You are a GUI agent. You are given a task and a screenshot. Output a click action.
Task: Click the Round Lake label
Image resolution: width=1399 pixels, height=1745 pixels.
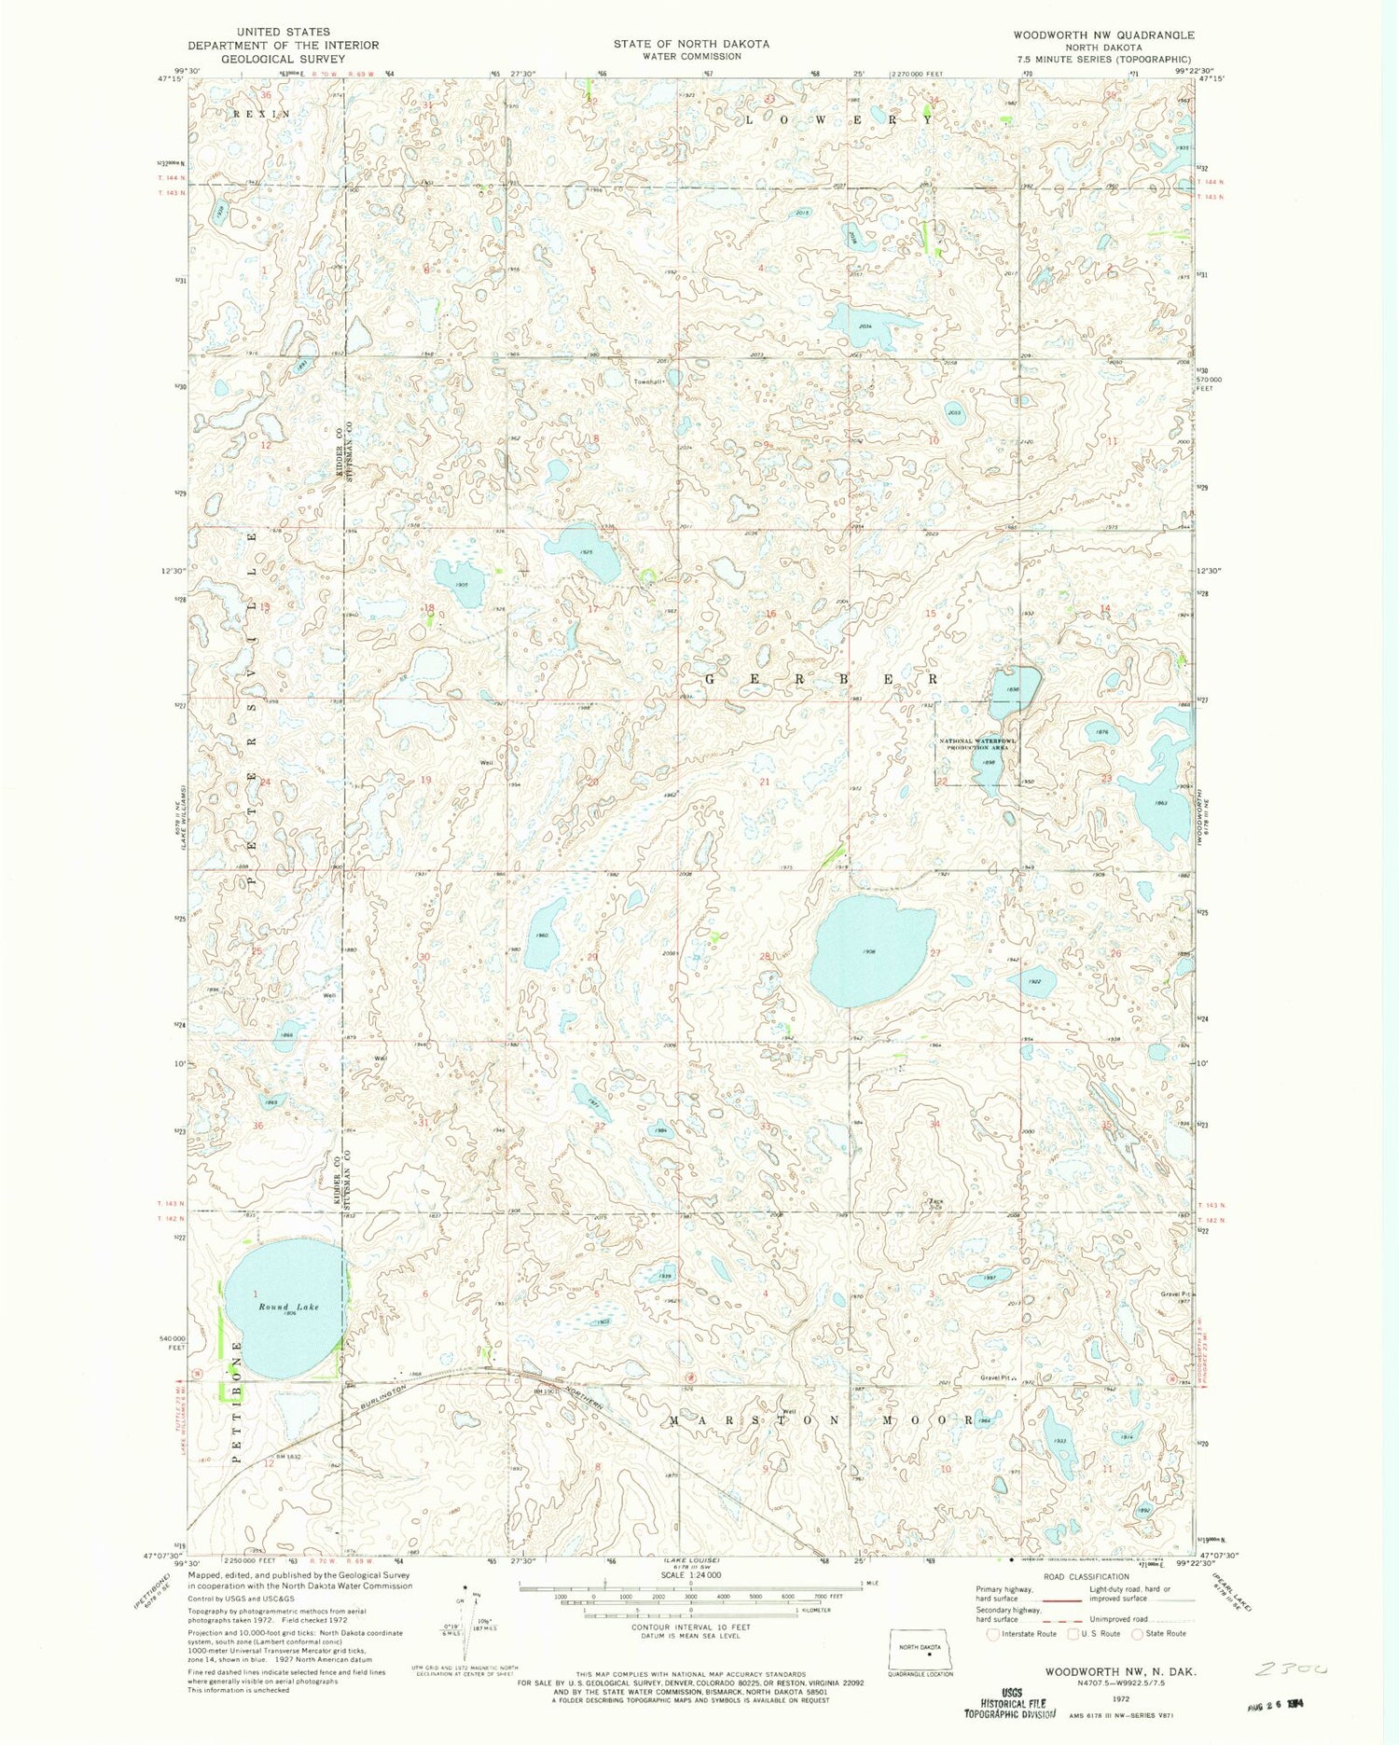(x=288, y=1307)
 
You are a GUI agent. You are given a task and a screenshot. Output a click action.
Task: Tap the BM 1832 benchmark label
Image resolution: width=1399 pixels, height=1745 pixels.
(x=290, y=1456)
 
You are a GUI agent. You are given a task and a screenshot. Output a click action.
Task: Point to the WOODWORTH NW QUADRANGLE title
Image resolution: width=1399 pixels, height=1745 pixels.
(x=1091, y=35)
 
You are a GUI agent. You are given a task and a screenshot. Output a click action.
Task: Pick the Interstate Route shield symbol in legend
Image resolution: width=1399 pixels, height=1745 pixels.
(x=993, y=1633)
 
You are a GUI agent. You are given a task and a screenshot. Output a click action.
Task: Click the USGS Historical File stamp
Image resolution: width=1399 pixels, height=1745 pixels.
(x=1011, y=1703)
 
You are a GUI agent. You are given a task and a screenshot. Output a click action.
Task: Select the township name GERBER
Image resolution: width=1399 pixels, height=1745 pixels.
(x=820, y=680)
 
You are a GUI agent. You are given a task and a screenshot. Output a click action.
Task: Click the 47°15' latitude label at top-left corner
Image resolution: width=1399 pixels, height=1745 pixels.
(x=171, y=80)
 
